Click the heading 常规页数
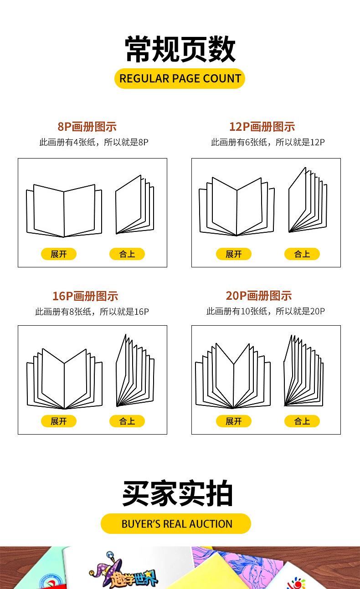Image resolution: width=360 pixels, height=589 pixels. click(180, 49)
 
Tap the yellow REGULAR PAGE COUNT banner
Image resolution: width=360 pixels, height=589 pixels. click(180, 78)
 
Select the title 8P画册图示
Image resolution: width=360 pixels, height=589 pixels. click(87, 127)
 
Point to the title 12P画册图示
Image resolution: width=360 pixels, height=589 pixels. click(262, 127)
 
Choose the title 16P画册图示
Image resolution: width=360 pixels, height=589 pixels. click(85, 296)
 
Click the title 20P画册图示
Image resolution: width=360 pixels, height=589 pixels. click(258, 296)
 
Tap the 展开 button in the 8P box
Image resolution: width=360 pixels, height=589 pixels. click(59, 254)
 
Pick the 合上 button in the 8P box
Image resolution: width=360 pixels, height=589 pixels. click(127, 254)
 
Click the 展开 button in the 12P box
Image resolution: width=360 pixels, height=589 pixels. click(234, 254)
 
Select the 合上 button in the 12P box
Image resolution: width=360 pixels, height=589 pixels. click(302, 254)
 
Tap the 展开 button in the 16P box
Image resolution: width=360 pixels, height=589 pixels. click(59, 421)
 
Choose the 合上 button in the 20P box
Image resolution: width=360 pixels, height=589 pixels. click(302, 421)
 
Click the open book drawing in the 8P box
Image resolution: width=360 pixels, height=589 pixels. click(64, 211)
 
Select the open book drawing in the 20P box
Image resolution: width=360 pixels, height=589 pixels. click(233, 377)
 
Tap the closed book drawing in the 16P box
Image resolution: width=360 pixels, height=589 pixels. click(135, 371)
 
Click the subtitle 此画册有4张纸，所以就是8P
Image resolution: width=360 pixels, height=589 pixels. click(94, 142)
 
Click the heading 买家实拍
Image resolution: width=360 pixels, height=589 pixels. click(178, 494)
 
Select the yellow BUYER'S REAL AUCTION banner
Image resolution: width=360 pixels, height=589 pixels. click(176, 523)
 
